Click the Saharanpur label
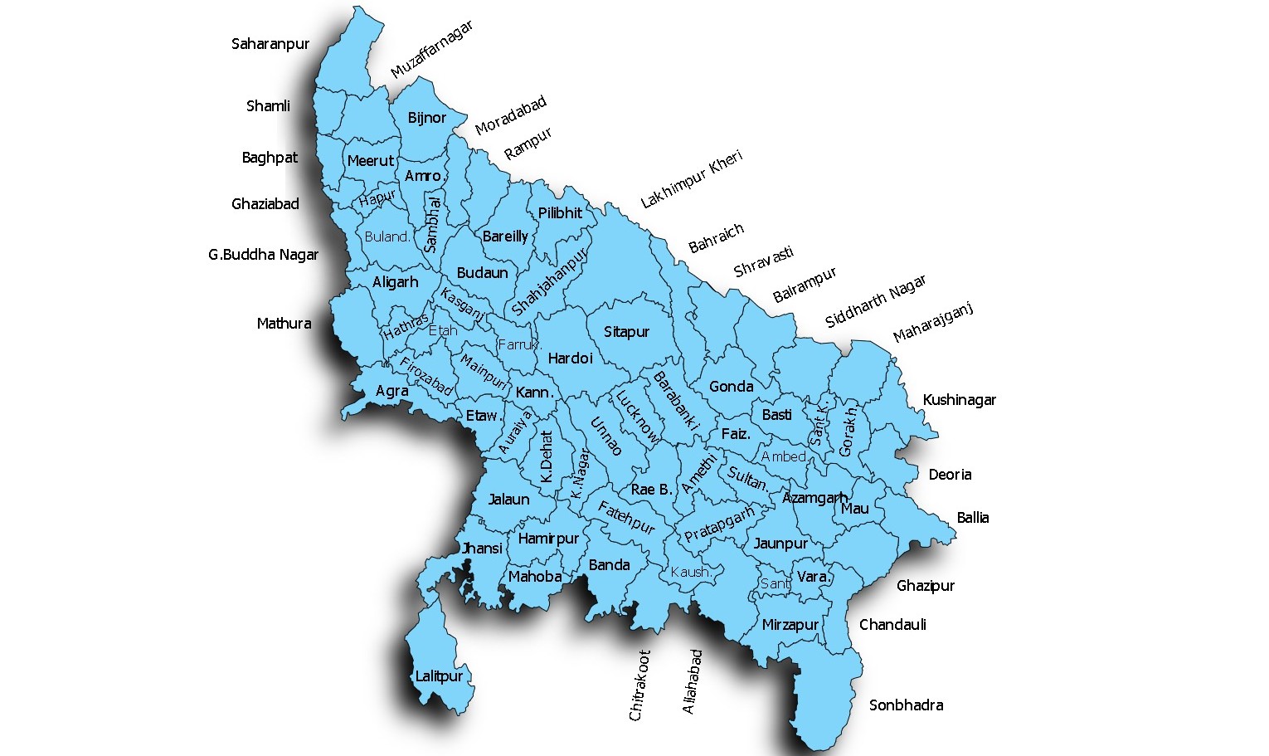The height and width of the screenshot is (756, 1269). (270, 44)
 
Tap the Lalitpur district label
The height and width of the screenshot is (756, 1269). (439, 676)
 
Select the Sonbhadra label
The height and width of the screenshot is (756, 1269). (906, 705)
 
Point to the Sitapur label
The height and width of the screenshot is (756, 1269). (626, 332)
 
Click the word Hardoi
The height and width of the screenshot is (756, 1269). (570, 358)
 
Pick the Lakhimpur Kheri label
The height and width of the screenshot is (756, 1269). (691, 179)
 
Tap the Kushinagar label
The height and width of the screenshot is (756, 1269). (959, 400)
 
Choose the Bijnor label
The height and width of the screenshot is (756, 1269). (426, 118)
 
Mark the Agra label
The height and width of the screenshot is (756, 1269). (391, 391)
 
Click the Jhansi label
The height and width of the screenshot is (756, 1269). (482, 549)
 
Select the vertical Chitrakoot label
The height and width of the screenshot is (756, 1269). (639, 685)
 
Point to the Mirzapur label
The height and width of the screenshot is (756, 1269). (790, 625)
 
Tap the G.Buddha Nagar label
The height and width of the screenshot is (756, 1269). (263, 255)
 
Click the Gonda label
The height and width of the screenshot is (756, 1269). (731, 387)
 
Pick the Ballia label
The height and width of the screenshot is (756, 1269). (972, 518)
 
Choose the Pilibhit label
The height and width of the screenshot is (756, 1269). (560, 213)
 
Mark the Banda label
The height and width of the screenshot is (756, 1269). (609, 565)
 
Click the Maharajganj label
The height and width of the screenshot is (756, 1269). (932, 323)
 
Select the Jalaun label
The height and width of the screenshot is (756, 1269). (508, 500)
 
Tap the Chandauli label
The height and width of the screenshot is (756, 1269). (892, 625)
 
